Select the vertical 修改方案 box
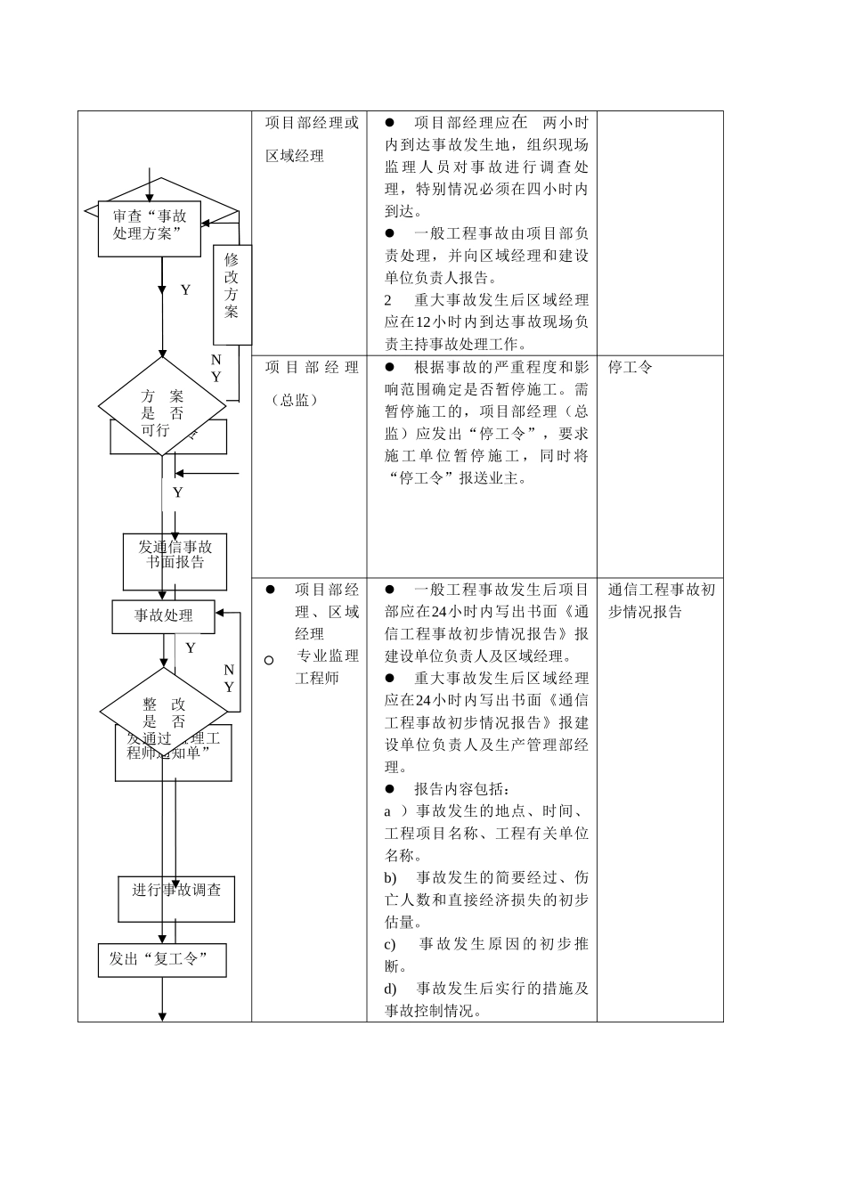(x=232, y=295)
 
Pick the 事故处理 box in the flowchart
(x=163, y=615)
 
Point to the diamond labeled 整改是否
(x=164, y=712)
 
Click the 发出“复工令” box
(x=162, y=959)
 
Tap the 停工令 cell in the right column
(x=630, y=367)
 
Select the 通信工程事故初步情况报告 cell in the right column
(x=661, y=600)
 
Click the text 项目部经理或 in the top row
(x=312, y=123)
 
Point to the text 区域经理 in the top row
(x=295, y=156)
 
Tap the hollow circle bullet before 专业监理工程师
(x=269, y=661)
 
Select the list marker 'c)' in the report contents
(x=390, y=944)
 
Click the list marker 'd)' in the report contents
(x=390, y=989)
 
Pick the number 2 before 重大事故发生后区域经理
(x=388, y=300)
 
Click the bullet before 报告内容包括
(x=389, y=789)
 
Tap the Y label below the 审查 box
(x=185, y=290)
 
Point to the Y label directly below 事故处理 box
(x=190, y=648)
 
